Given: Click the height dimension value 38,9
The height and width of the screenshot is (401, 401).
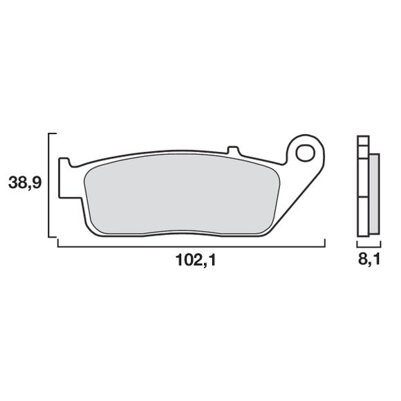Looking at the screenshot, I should tap(24, 183).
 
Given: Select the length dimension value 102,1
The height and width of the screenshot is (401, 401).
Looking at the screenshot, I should tap(192, 261).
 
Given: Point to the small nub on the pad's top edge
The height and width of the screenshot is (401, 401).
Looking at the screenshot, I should tap(233, 149).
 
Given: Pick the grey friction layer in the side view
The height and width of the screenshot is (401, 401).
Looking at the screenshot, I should tap(374, 194).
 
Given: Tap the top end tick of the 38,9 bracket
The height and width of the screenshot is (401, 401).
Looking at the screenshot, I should tap(52, 132).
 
